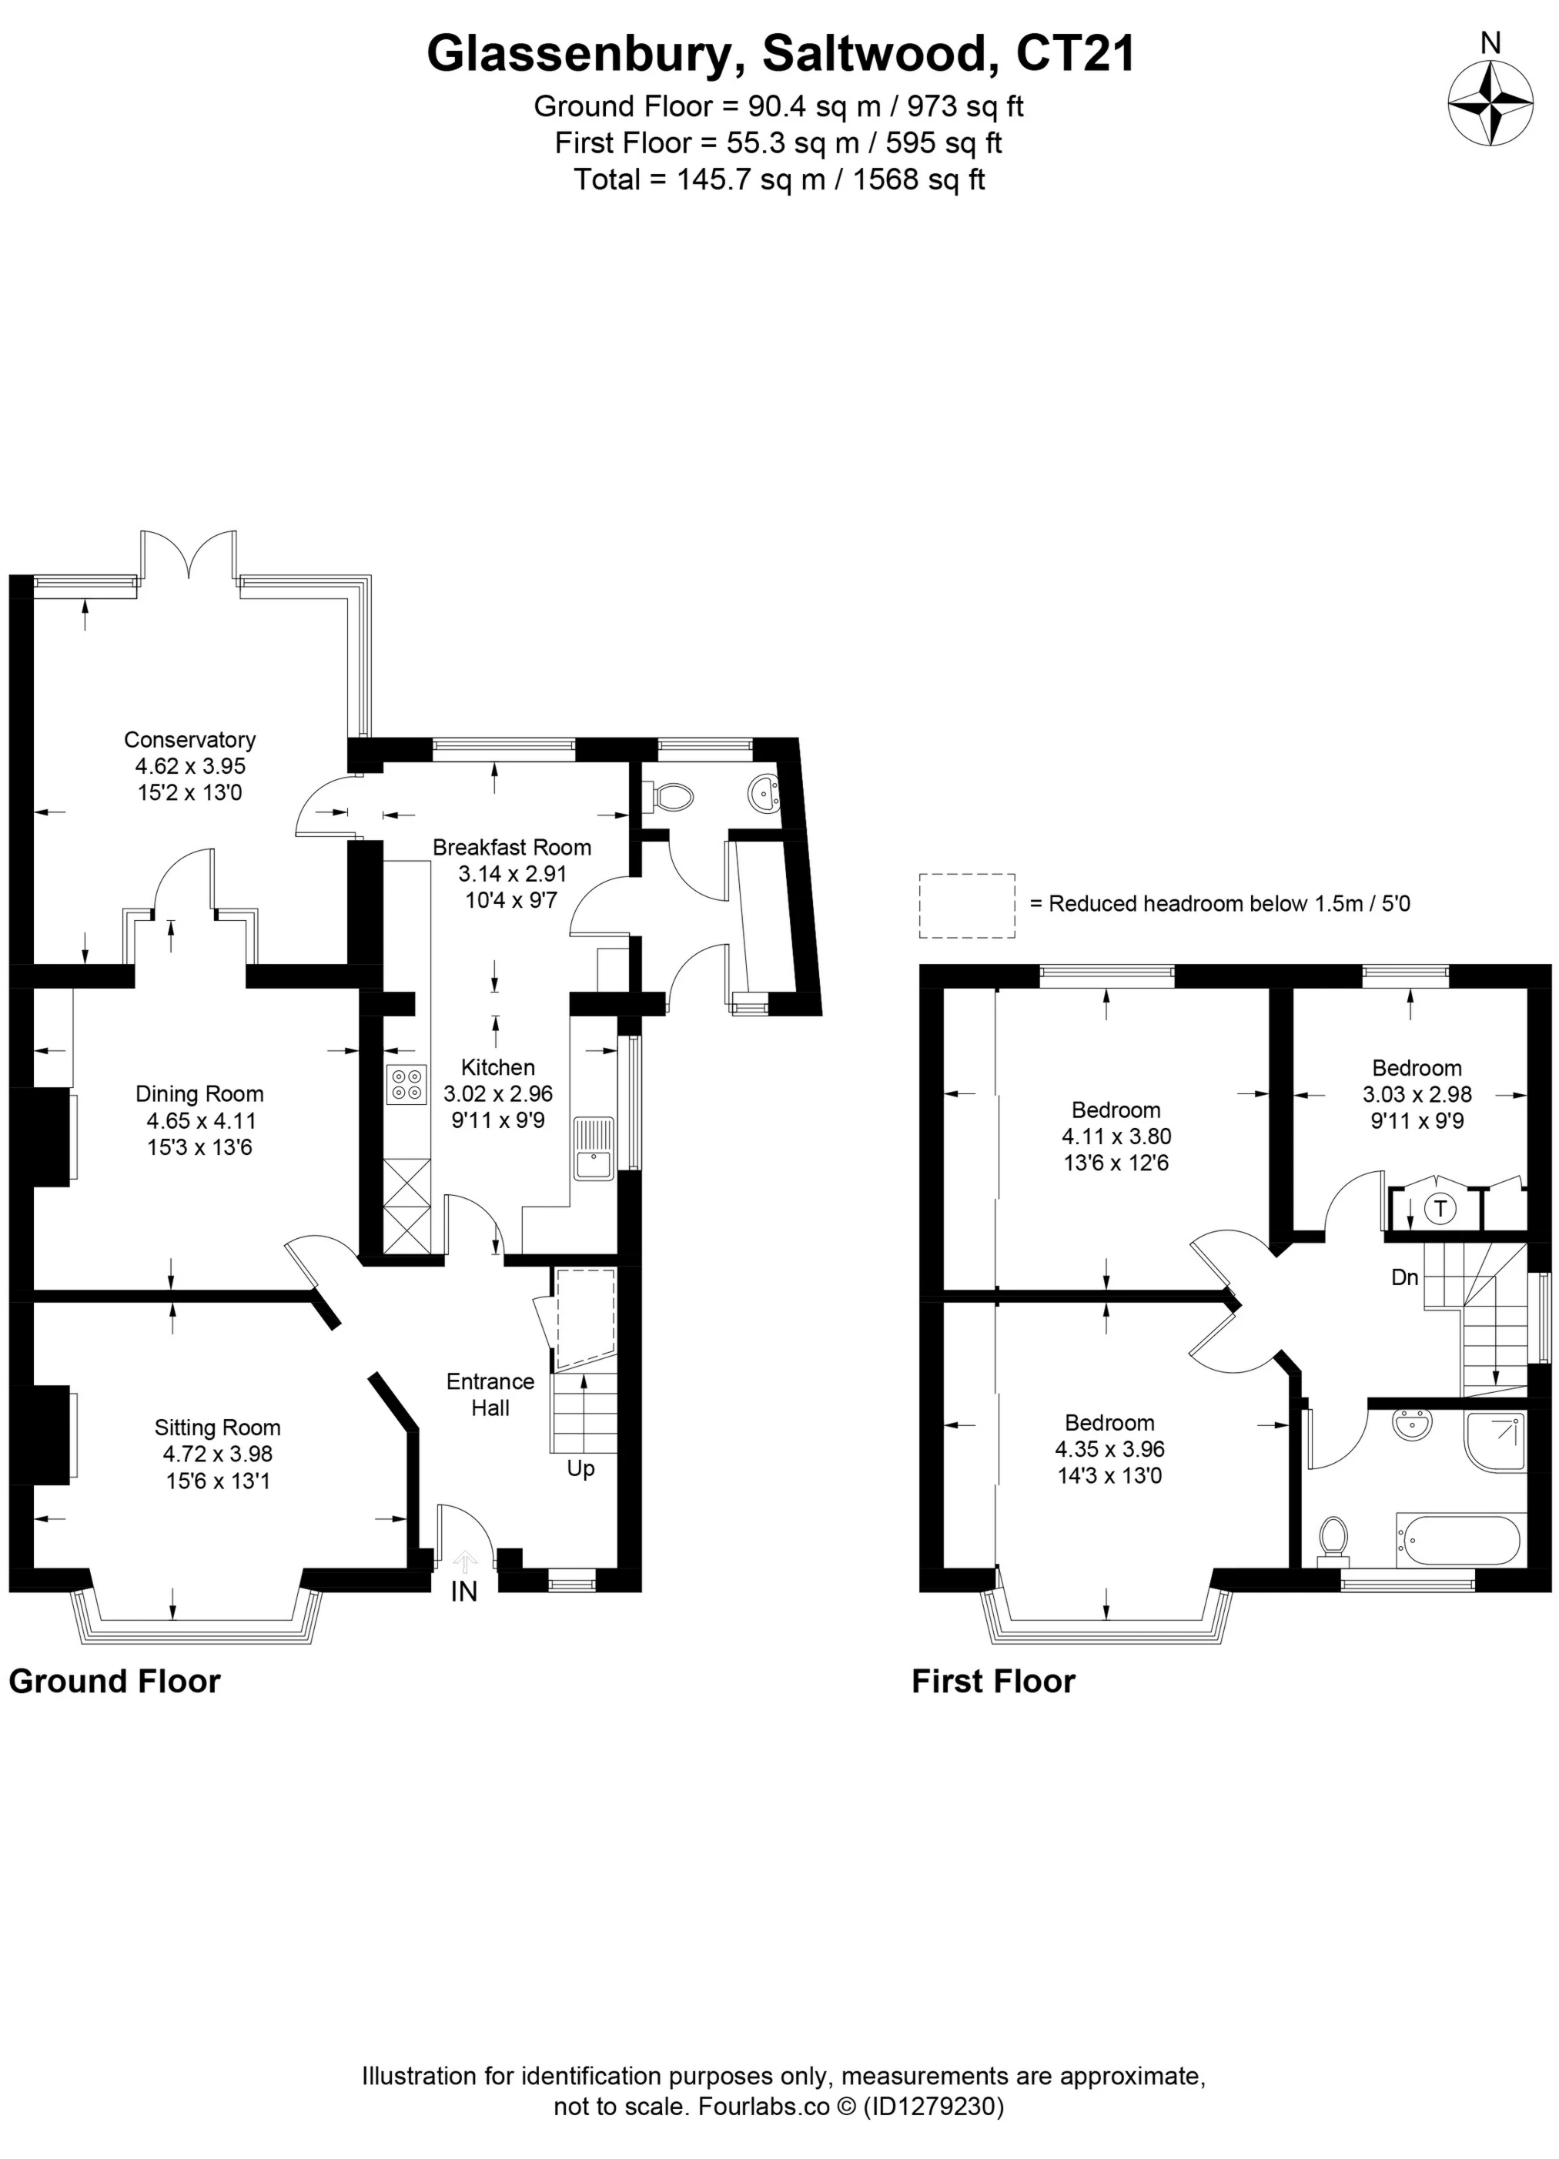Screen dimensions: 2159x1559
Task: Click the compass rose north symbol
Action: (1490, 103)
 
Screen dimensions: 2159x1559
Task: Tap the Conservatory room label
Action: (189, 740)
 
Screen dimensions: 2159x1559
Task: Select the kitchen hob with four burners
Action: (406, 1085)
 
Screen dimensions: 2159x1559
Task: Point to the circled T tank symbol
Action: (1440, 1210)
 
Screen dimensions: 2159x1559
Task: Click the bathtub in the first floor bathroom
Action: (1457, 1539)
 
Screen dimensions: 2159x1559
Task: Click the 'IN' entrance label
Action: (463, 1591)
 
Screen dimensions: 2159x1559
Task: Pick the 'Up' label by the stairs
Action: (580, 1469)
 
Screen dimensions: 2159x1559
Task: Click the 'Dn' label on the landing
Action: (1405, 1277)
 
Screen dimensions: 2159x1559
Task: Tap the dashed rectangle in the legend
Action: (966, 905)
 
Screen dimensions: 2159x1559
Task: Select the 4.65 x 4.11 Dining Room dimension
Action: (202, 1120)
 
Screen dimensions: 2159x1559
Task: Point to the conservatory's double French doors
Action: (189, 557)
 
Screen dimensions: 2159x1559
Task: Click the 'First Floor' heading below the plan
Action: (992, 1681)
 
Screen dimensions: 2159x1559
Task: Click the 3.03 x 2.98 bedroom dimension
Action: (1417, 1095)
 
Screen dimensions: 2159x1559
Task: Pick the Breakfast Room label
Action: (512, 847)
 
